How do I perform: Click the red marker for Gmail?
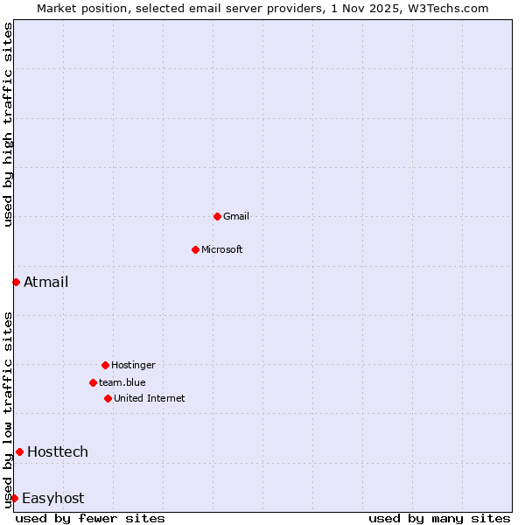(217, 216)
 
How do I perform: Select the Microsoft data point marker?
(195, 249)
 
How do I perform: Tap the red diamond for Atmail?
(16, 282)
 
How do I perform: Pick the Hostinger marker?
(105, 365)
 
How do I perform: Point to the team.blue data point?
(93, 382)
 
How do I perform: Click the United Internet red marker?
(108, 398)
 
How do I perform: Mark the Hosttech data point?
(19, 451)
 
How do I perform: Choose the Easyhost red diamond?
(14, 498)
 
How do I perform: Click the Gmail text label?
(236, 216)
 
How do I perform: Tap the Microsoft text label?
(222, 249)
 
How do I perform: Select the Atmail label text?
(45, 282)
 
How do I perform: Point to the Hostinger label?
(133, 365)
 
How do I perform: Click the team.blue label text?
(122, 382)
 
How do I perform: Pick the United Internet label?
(150, 398)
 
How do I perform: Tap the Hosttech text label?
(58, 451)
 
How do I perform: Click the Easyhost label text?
(52, 498)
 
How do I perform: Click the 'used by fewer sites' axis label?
(90, 518)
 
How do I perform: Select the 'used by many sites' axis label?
(439, 518)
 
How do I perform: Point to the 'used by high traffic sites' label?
(8, 124)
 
